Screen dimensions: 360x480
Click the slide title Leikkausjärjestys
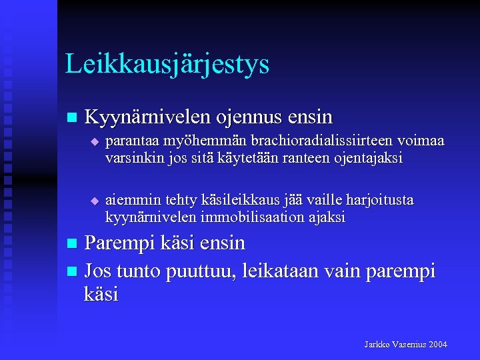pyautogui.click(x=167, y=65)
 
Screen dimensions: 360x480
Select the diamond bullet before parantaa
pyautogui.click(x=94, y=142)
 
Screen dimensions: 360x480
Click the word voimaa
pyautogui.click(x=420, y=141)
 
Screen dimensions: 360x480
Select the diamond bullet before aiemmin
pyautogui.click(x=94, y=201)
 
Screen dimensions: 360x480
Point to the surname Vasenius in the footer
pyautogui.click(x=408, y=345)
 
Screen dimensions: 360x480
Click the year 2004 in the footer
pyautogui.click(x=437, y=345)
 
